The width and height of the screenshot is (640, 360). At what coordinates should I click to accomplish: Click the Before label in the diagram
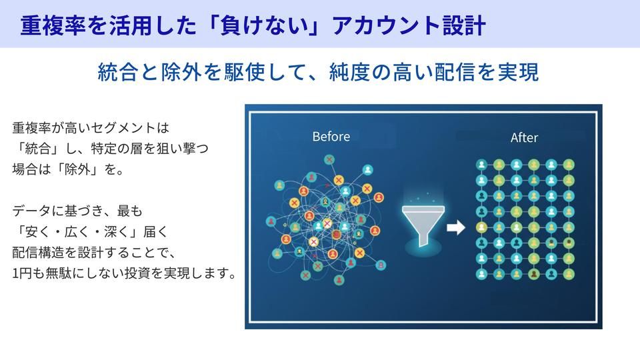click(331, 136)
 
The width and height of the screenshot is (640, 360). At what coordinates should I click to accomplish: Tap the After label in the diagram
click(524, 137)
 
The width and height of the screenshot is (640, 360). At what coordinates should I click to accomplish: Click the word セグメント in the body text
click(115, 127)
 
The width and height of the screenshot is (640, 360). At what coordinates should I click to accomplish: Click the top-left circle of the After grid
click(481, 164)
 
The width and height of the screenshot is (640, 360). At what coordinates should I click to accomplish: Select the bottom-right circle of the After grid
click(569, 274)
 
